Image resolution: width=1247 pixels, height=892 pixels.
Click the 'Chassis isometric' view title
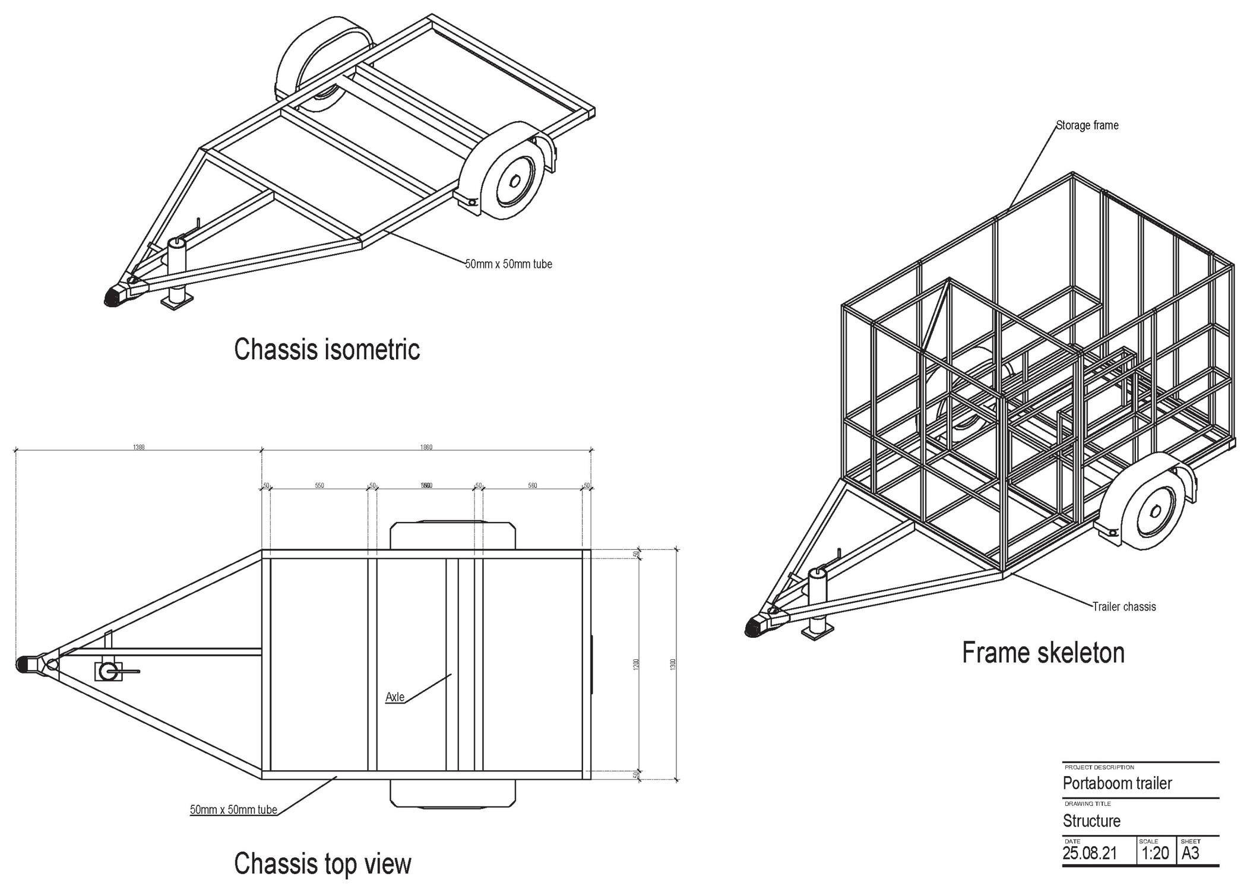327,349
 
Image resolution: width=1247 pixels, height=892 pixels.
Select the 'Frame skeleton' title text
1043,653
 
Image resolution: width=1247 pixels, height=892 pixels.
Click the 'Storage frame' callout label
1087,125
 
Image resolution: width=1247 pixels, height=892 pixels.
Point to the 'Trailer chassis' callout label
1124,606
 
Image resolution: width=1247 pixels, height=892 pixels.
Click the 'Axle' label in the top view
395,697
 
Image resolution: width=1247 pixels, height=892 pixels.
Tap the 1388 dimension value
138,447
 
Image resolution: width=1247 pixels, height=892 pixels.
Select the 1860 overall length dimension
426,447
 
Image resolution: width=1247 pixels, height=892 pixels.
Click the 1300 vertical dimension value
673,665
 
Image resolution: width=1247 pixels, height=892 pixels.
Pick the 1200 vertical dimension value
636,665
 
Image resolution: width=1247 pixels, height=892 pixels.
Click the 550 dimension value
319,486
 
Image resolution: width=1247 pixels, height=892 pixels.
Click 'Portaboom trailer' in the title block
1117,783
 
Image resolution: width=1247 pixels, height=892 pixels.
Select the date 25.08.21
1089,853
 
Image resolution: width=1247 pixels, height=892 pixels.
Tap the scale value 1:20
1154,853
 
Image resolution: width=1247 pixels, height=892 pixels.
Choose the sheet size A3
1190,853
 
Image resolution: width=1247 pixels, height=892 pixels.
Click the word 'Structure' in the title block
1091,821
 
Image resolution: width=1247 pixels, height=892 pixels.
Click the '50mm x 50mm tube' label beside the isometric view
508,264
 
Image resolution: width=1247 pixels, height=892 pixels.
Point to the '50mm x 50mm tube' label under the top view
233,809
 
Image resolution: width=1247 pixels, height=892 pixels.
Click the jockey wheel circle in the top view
108,672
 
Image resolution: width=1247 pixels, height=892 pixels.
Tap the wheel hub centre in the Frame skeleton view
1156,511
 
